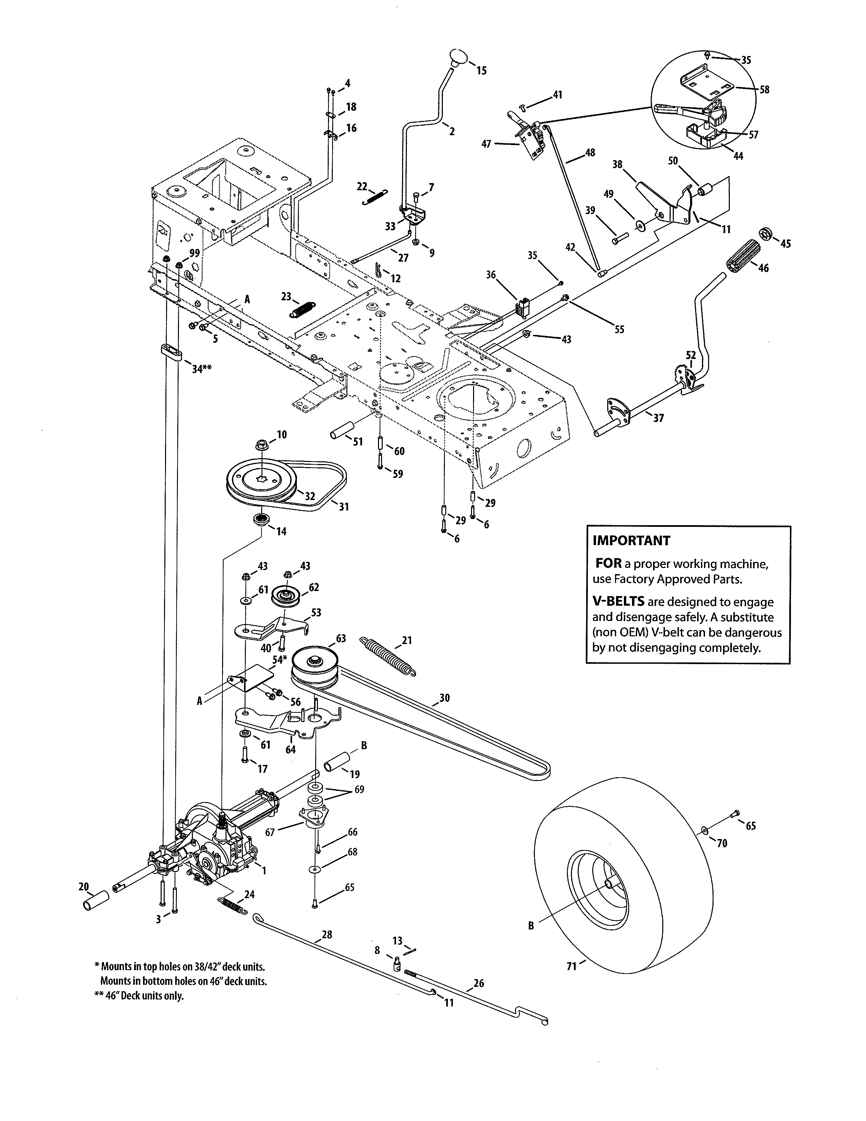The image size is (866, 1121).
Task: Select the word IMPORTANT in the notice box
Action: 631,540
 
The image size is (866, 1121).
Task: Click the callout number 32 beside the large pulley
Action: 309,496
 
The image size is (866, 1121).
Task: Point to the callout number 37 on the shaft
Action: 658,418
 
